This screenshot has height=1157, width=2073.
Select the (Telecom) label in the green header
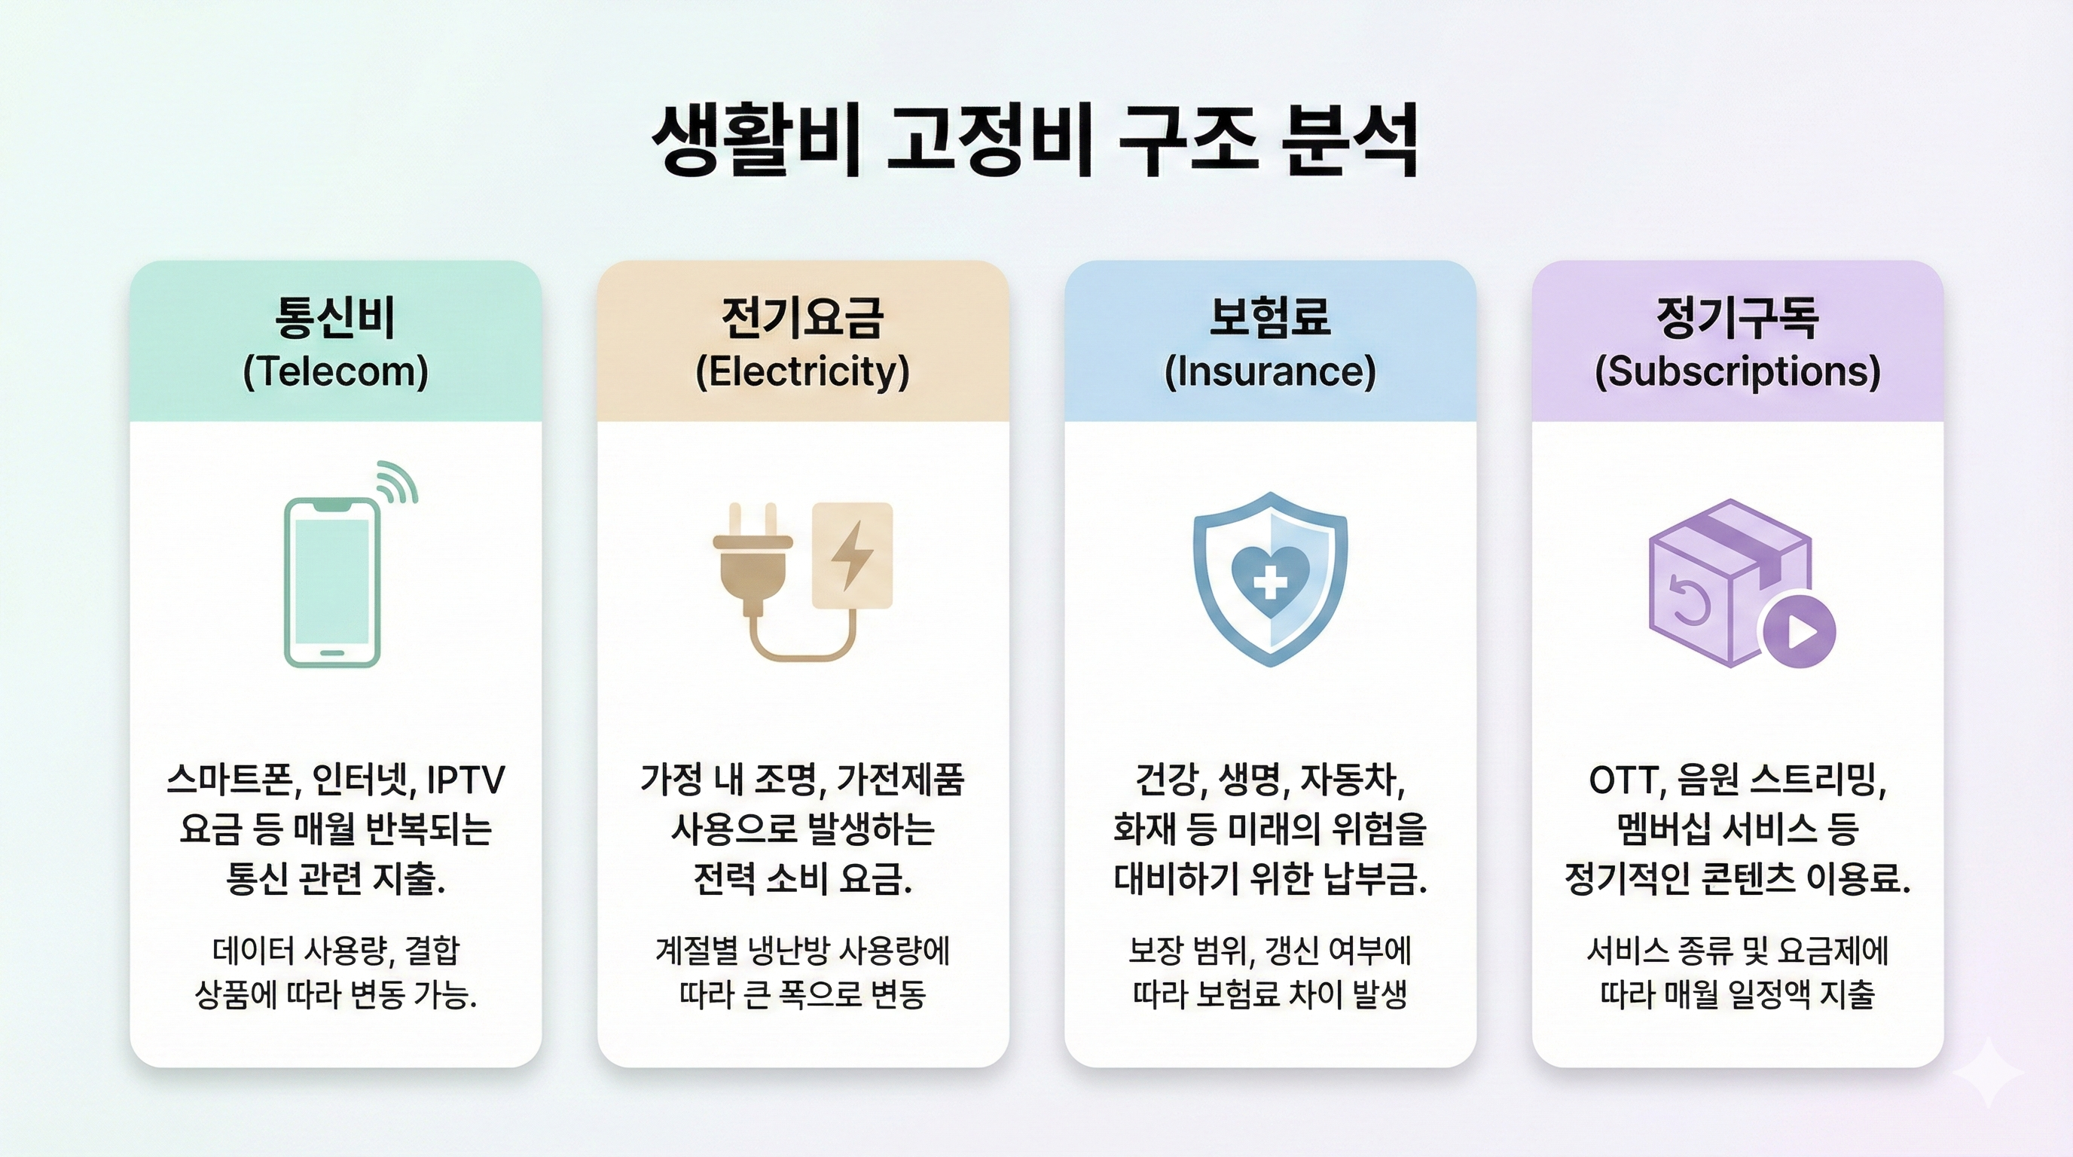335,371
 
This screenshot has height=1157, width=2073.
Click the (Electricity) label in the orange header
802,371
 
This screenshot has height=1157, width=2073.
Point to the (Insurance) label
1270,371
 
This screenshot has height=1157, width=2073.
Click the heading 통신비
335,318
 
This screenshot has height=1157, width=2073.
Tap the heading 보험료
1270,318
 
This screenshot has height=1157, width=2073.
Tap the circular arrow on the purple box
1689,600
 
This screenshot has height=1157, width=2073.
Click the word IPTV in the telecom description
465,780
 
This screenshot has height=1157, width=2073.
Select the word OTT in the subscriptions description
1622,780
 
